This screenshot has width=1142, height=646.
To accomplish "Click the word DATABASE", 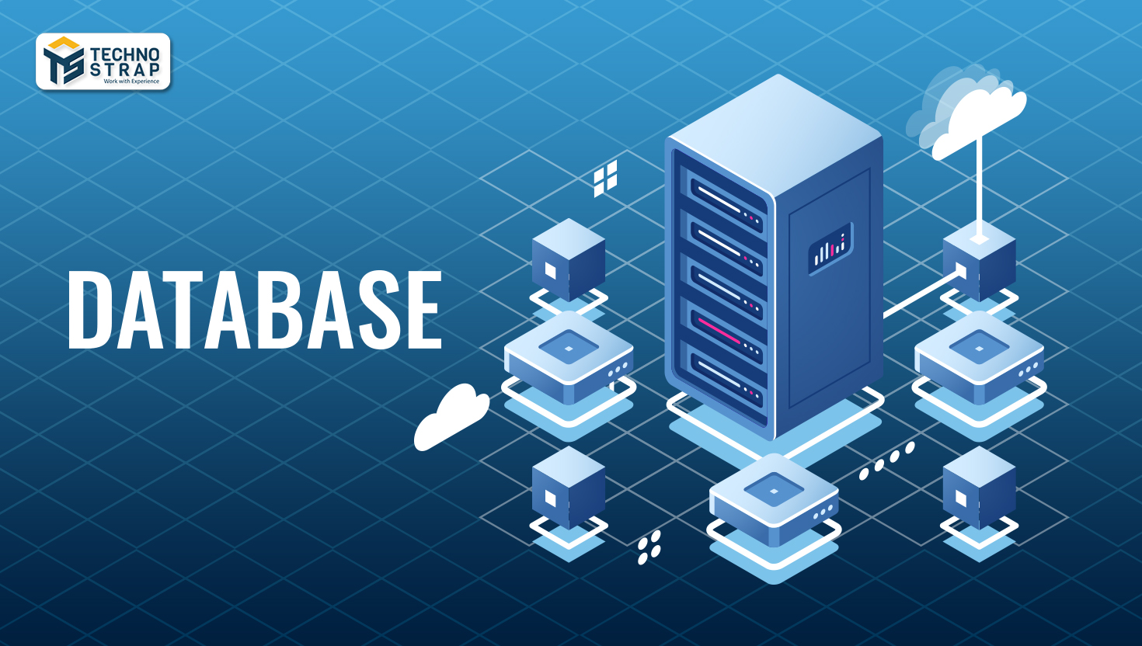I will click(x=254, y=310).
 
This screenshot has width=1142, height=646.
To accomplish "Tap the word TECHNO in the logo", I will click(x=125, y=54).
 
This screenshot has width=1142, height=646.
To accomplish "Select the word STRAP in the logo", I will click(x=125, y=69).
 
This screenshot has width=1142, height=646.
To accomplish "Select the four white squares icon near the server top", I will click(x=605, y=179).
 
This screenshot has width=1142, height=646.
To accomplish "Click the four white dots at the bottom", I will click(x=649, y=547).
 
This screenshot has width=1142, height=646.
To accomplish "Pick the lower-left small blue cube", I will click(x=568, y=487).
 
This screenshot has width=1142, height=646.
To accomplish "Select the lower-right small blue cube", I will click(x=979, y=487).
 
